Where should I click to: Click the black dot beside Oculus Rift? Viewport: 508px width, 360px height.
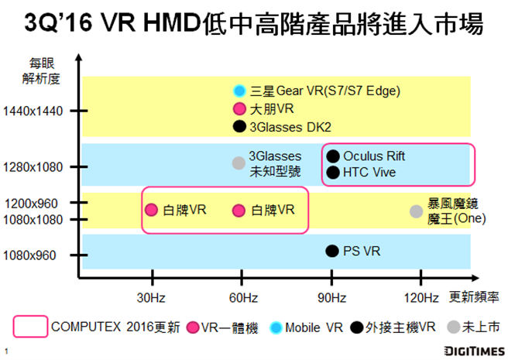click(x=333, y=156)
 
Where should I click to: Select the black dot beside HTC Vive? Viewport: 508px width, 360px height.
click(x=333, y=172)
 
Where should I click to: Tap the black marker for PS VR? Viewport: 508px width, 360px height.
click(x=332, y=250)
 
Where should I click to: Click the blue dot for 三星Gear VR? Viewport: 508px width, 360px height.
click(x=240, y=91)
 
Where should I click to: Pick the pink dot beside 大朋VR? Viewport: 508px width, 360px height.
click(x=240, y=109)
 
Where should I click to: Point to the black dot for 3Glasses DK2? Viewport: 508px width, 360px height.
click(x=240, y=126)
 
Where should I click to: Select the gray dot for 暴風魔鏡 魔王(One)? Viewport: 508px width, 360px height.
click(x=416, y=211)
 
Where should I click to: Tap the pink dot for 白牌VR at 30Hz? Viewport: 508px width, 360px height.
click(x=152, y=210)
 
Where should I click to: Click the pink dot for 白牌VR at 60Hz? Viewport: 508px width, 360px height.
click(x=239, y=210)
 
